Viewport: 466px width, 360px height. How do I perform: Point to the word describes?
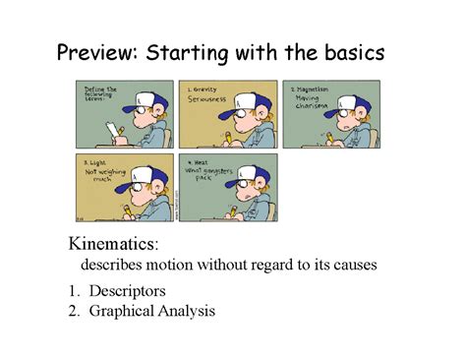(113, 266)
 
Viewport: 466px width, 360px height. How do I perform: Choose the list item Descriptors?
(127, 291)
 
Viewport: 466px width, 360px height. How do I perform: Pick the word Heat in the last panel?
(199, 160)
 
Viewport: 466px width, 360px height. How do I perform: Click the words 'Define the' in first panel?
(94, 88)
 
